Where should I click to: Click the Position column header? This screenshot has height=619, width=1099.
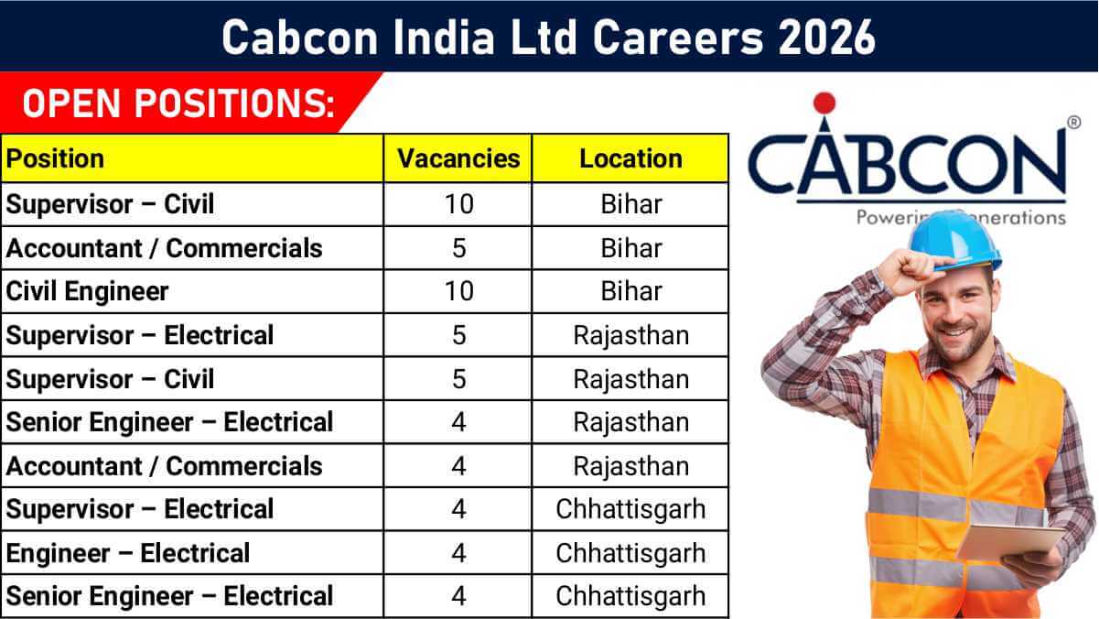(x=55, y=158)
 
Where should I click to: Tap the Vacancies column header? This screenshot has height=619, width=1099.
(x=458, y=158)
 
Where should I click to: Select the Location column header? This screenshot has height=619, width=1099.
(x=631, y=158)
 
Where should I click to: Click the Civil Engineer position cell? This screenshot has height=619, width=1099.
(x=87, y=291)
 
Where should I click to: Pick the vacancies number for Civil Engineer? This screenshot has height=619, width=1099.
(x=458, y=291)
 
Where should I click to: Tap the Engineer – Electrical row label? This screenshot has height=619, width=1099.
(x=127, y=553)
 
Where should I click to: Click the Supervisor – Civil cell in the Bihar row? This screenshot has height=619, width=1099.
(x=110, y=204)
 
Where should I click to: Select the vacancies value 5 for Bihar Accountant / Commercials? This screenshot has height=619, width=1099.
(x=458, y=248)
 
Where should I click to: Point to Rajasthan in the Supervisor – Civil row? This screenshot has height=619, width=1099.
(x=631, y=379)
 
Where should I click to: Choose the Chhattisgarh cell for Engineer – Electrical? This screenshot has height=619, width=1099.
(x=631, y=553)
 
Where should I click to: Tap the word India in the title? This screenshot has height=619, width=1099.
(x=444, y=38)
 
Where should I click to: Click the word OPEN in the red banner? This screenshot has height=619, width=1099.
(x=71, y=103)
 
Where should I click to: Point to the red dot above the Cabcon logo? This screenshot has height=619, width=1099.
(x=824, y=103)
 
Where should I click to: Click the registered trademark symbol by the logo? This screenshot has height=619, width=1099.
(x=1073, y=122)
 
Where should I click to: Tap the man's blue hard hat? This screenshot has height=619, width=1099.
(x=954, y=242)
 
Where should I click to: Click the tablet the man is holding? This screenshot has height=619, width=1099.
(x=1010, y=541)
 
